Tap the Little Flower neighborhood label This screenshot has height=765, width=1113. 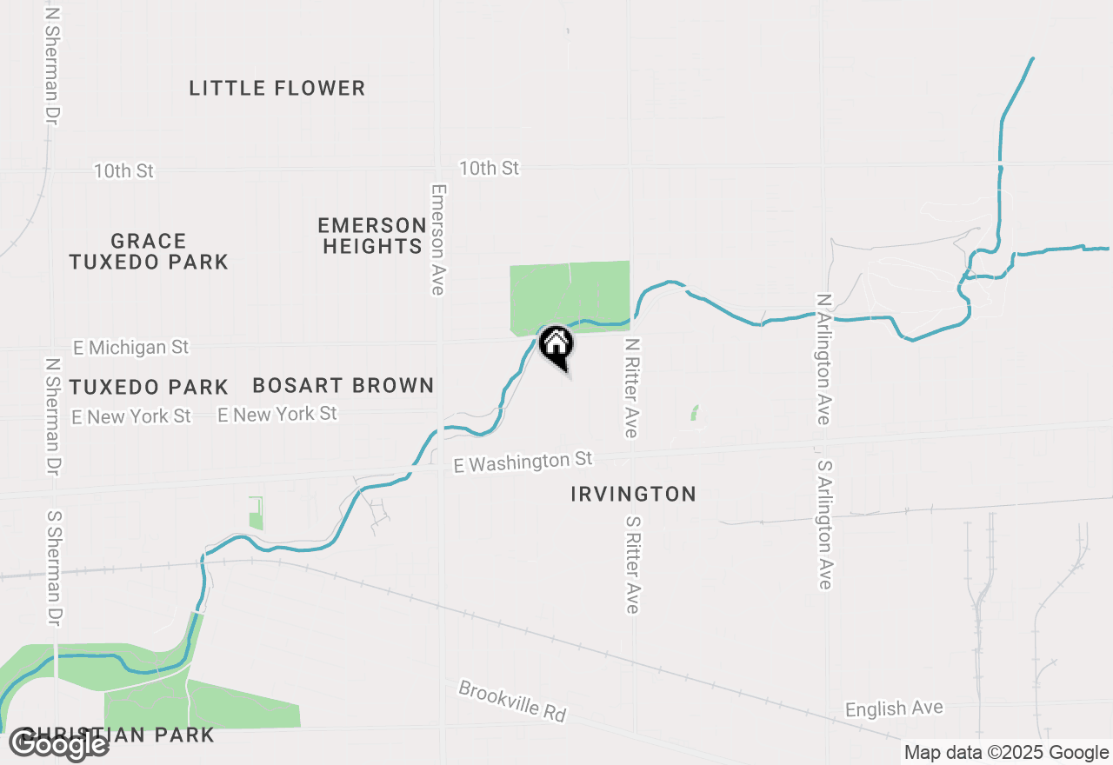pyautogui.click(x=277, y=88)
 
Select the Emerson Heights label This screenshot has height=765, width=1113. pyautogui.click(x=372, y=236)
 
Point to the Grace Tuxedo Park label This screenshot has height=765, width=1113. pyautogui.click(x=149, y=251)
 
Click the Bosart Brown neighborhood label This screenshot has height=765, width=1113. pyautogui.click(x=343, y=385)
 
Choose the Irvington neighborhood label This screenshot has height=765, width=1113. pyautogui.click(x=633, y=494)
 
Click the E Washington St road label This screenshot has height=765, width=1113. pyautogui.click(x=523, y=461)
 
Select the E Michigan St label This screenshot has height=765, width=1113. pyautogui.click(x=130, y=348)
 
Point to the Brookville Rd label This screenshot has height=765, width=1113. pyautogui.click(x=512, y=702)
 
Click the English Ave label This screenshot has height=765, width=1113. pyautogui.click(x=894, y=708)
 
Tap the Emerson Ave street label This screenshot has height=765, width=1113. pyautogui.click(x=437, y=239)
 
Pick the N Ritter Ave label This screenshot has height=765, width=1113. pyautogui.click(x=631, y=388)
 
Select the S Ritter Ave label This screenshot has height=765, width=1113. pyautogui.click(x=632, y=564)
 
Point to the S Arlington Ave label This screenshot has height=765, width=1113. pyautogui.click(x=824, y=525)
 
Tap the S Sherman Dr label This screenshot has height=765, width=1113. pyautogui.click(x=54, y=568)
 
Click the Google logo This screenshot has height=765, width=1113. pyautogui.click(x=59, y=744)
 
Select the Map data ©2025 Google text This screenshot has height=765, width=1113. pyautogui.click(x=1007, y=753)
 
